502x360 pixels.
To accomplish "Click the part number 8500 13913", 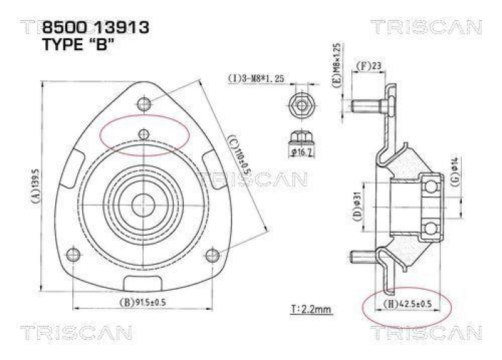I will tap(95, 27).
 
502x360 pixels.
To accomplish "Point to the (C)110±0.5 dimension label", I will tap(237, 155).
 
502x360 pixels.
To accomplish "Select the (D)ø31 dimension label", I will tap(356, 207).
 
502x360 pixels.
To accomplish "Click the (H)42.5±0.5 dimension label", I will tap(407, 304).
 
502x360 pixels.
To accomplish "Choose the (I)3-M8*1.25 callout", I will tap(256, 78).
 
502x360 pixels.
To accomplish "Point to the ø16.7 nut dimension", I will tap(302, 151).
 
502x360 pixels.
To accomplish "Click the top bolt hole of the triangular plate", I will tap(144, 103).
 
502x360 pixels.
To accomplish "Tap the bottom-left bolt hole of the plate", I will tap(73, 254).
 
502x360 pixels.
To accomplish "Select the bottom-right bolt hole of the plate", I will tap(212, 254).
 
